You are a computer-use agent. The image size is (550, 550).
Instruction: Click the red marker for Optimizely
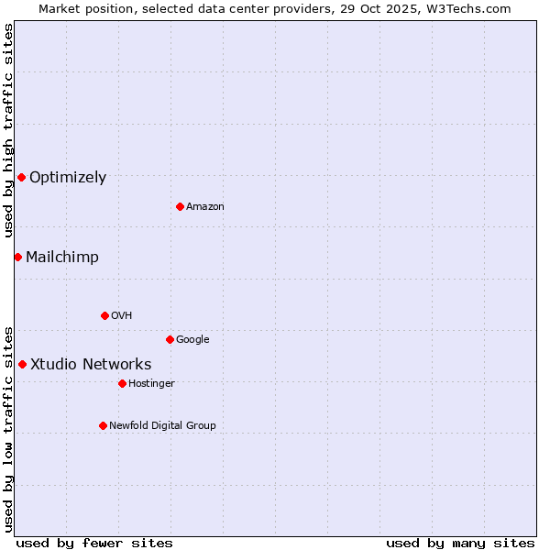pos(21,177)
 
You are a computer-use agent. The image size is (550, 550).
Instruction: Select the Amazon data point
pos(180,206)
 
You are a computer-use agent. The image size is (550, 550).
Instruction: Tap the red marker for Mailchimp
pos(17,257)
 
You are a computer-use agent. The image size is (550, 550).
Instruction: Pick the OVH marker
pos(104,315)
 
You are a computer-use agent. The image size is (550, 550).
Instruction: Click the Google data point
pos(170,339)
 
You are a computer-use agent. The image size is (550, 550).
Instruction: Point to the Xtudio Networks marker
pos(22,364)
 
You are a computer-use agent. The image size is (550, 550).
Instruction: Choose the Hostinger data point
pos(122,383)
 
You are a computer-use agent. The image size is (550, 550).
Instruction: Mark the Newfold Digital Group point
pos(103,425)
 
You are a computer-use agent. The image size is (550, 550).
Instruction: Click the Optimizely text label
pos(68,178)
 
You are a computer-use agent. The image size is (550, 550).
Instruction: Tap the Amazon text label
pos(205,207)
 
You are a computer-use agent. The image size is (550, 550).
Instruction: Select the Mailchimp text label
pos(62,258)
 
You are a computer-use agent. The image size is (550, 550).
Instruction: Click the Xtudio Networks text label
pos(91,365)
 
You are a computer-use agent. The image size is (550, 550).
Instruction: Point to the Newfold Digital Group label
pos(162,425)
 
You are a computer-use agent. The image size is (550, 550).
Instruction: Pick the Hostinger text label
pos(151,383)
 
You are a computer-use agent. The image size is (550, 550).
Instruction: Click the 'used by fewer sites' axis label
pos(94,543)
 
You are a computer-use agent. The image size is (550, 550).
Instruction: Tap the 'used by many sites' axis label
pos(460,543)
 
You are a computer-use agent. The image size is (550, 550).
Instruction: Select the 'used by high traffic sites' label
pos(8,131)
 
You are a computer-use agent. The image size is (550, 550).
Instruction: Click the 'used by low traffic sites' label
pos(8,428)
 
